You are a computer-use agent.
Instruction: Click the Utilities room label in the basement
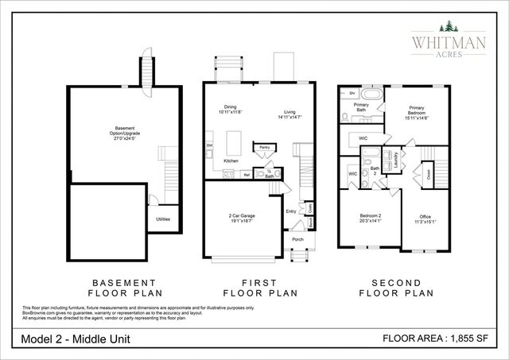pos(162,219)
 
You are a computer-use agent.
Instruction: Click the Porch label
pos(297,239)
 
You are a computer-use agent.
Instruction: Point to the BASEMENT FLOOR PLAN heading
pos(123,288)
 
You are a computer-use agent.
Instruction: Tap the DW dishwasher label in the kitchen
pos(210,145)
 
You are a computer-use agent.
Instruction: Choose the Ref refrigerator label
pos(247,173)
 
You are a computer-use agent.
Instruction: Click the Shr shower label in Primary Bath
pos(352,93)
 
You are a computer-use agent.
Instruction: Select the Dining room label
pos(230,107)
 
